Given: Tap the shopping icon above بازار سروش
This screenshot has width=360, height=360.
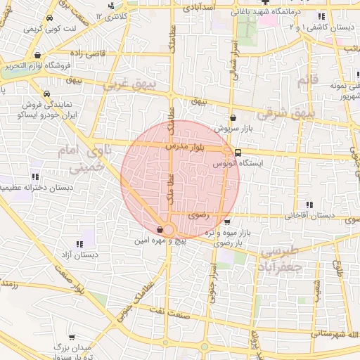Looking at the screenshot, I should (x=233, y=119).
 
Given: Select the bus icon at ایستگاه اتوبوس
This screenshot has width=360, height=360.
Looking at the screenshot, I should (x=238, y=152).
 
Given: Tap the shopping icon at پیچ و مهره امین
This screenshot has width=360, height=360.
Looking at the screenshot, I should (x=161, y=229).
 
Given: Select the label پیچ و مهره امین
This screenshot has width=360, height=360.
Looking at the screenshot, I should (x=162, y=240).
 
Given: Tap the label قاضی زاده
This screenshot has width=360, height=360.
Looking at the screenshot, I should (x=86, y=53).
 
